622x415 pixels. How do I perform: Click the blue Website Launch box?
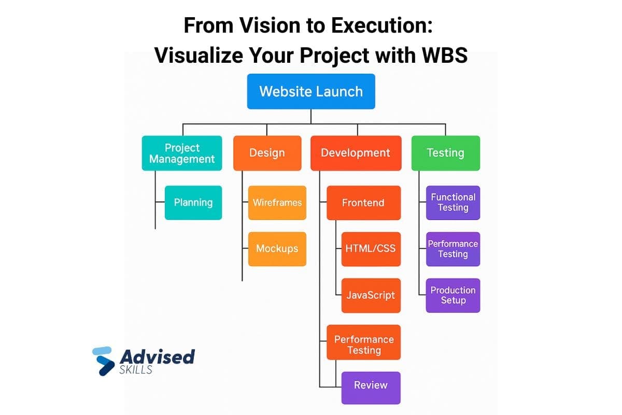click(x=311, y=91)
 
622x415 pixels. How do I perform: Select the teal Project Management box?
click(x=182, y=153)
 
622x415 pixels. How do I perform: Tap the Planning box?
click(x=193, y=203)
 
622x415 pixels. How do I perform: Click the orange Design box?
click(x=267, y=153)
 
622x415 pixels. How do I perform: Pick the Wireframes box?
click(x=277, y=203)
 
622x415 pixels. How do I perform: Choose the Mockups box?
click(x=277, y=249)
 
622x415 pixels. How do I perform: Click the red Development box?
click(x=356, y=153)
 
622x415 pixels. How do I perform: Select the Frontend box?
click(x=363, y=203)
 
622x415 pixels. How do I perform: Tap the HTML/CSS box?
click(x=371, y=249)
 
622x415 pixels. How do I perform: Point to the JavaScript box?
click(x=371, y=296)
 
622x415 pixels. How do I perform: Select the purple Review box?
click(x=371, y=385)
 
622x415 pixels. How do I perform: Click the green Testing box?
click(x=445, y=153)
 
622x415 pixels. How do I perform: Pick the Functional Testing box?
click(x=453, y=203)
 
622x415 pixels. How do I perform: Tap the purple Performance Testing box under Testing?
click(x=453, y=249)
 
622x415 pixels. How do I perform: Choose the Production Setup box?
click(x=453, y=296)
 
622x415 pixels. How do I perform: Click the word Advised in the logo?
click(x=157, y=357)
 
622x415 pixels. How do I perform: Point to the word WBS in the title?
click(x=440, y=56)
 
